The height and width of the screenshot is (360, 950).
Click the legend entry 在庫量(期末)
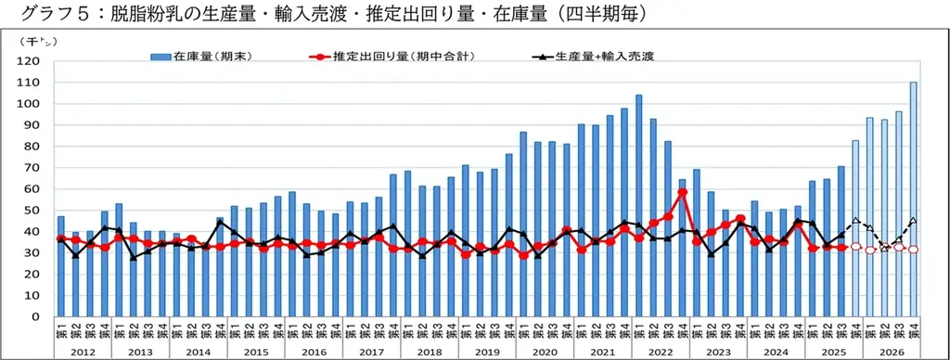click(199, 56)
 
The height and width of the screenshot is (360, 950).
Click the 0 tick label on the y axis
click(34, 317)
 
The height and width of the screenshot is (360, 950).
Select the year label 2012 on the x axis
click(82, 353)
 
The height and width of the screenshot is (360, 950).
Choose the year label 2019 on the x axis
click(487, 353)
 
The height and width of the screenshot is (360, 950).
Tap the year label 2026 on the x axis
click(892, 353)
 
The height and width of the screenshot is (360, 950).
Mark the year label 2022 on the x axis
click(661, 353)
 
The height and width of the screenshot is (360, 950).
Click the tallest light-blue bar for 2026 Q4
click(914, 199)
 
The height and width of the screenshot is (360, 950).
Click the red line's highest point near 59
click(682, 192)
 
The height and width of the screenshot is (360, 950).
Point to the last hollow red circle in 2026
click(914, 250)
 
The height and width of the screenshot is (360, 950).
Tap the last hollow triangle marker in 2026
click(914, 220)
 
